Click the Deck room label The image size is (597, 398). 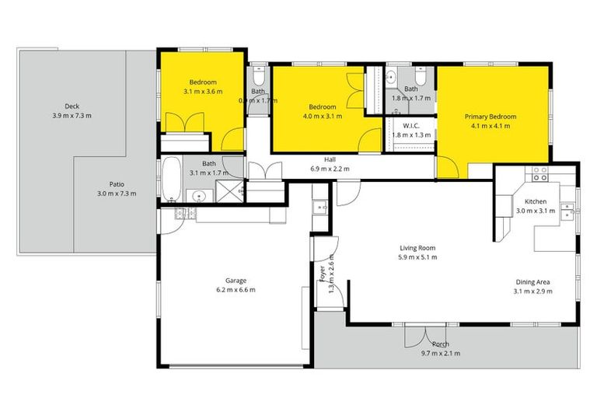pos(72,106)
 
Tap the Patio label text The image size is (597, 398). pos(117,184)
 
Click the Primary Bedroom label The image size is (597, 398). pos(491,117)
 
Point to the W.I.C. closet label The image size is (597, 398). pos(411,125)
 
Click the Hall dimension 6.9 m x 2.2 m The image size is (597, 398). pos(330,169)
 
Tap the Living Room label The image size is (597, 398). pos(417,247)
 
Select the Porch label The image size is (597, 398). pos(441,344)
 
